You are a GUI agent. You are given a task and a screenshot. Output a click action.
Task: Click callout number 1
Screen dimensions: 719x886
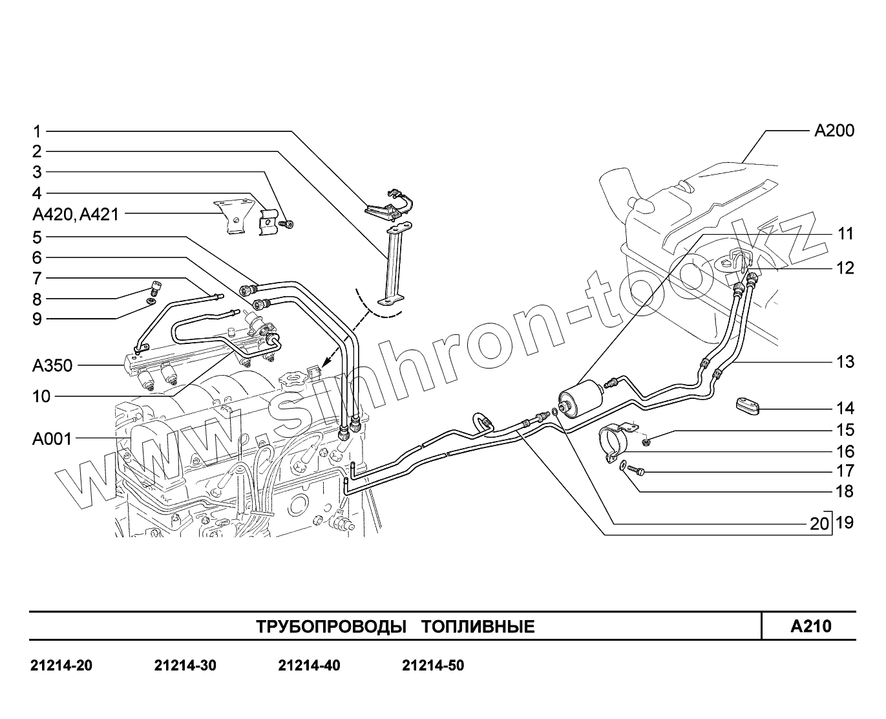point(37,131)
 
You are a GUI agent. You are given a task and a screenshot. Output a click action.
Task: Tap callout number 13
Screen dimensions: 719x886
point(845,362)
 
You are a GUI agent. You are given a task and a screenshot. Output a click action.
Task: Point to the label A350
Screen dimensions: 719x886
point(52,366)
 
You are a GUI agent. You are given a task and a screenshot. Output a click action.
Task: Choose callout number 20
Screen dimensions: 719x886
point(819,524)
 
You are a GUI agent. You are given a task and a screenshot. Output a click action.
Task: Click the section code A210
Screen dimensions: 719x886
point(811,627)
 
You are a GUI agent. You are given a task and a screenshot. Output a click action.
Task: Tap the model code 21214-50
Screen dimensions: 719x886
point(432,665)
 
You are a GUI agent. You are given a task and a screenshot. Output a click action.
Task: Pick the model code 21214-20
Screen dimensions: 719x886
point(61,665)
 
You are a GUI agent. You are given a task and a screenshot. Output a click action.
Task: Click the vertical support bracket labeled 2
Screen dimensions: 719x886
point(392,265)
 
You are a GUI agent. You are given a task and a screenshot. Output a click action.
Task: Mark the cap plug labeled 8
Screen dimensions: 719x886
point(155,286)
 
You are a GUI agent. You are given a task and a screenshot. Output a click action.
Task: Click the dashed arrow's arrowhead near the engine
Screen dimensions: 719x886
point(324,367)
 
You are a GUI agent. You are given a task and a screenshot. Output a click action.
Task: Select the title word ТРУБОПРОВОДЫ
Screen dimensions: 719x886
point(331,627)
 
